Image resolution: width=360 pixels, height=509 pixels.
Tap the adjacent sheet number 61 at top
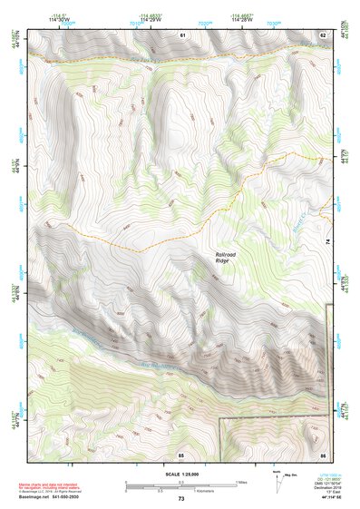point(181,34)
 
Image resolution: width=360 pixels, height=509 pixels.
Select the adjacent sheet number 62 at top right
point(322,34)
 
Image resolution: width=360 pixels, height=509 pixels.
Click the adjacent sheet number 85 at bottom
point(181,454)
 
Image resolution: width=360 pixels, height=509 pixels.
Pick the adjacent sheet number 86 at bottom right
point(322,454)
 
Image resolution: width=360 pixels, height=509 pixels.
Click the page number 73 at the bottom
point(181,500)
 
